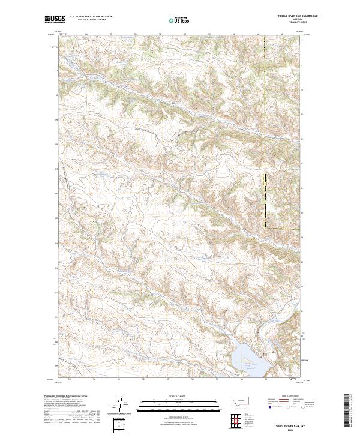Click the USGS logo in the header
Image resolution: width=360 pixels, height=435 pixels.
(x=56, y=20)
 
